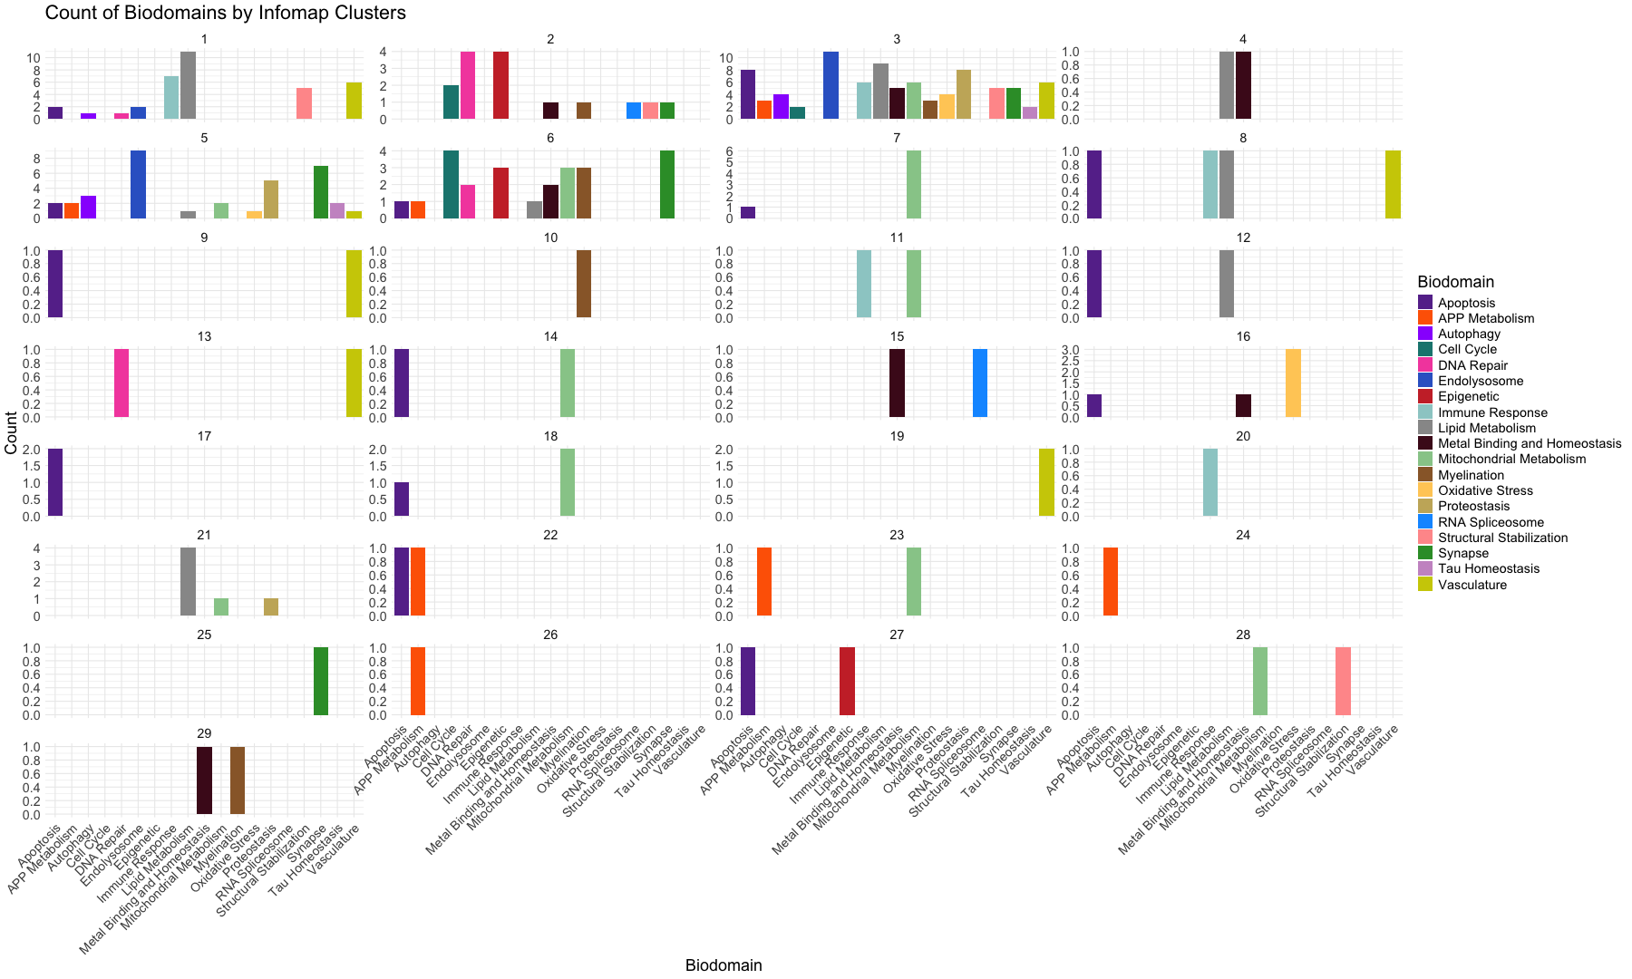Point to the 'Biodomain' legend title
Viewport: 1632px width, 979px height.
click(1455, 282)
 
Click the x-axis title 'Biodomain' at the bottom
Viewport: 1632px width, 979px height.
click(724, 965)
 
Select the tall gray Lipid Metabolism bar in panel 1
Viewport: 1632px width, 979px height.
click(189, 86)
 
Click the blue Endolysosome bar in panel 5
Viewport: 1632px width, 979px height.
click(139, 185)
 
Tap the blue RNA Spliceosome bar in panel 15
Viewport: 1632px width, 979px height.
click(980, 383)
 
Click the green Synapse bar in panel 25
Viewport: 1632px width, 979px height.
click(321, 682)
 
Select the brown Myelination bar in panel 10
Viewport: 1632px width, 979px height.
click(584, 284)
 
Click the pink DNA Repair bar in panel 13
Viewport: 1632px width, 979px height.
click(121, 383)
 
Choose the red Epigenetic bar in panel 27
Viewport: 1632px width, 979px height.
click(847, 682)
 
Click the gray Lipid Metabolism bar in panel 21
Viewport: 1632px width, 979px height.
click(189, 582)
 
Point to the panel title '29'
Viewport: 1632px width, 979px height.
click(204, 732)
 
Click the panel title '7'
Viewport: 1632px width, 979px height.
click(897, 138)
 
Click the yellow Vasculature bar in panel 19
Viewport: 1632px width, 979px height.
click(1046, 483)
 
